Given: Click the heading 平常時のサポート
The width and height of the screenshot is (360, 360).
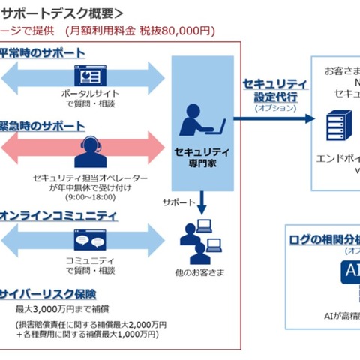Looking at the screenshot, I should coord(44,54).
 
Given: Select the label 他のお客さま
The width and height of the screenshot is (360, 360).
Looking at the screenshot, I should coord(199,269).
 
